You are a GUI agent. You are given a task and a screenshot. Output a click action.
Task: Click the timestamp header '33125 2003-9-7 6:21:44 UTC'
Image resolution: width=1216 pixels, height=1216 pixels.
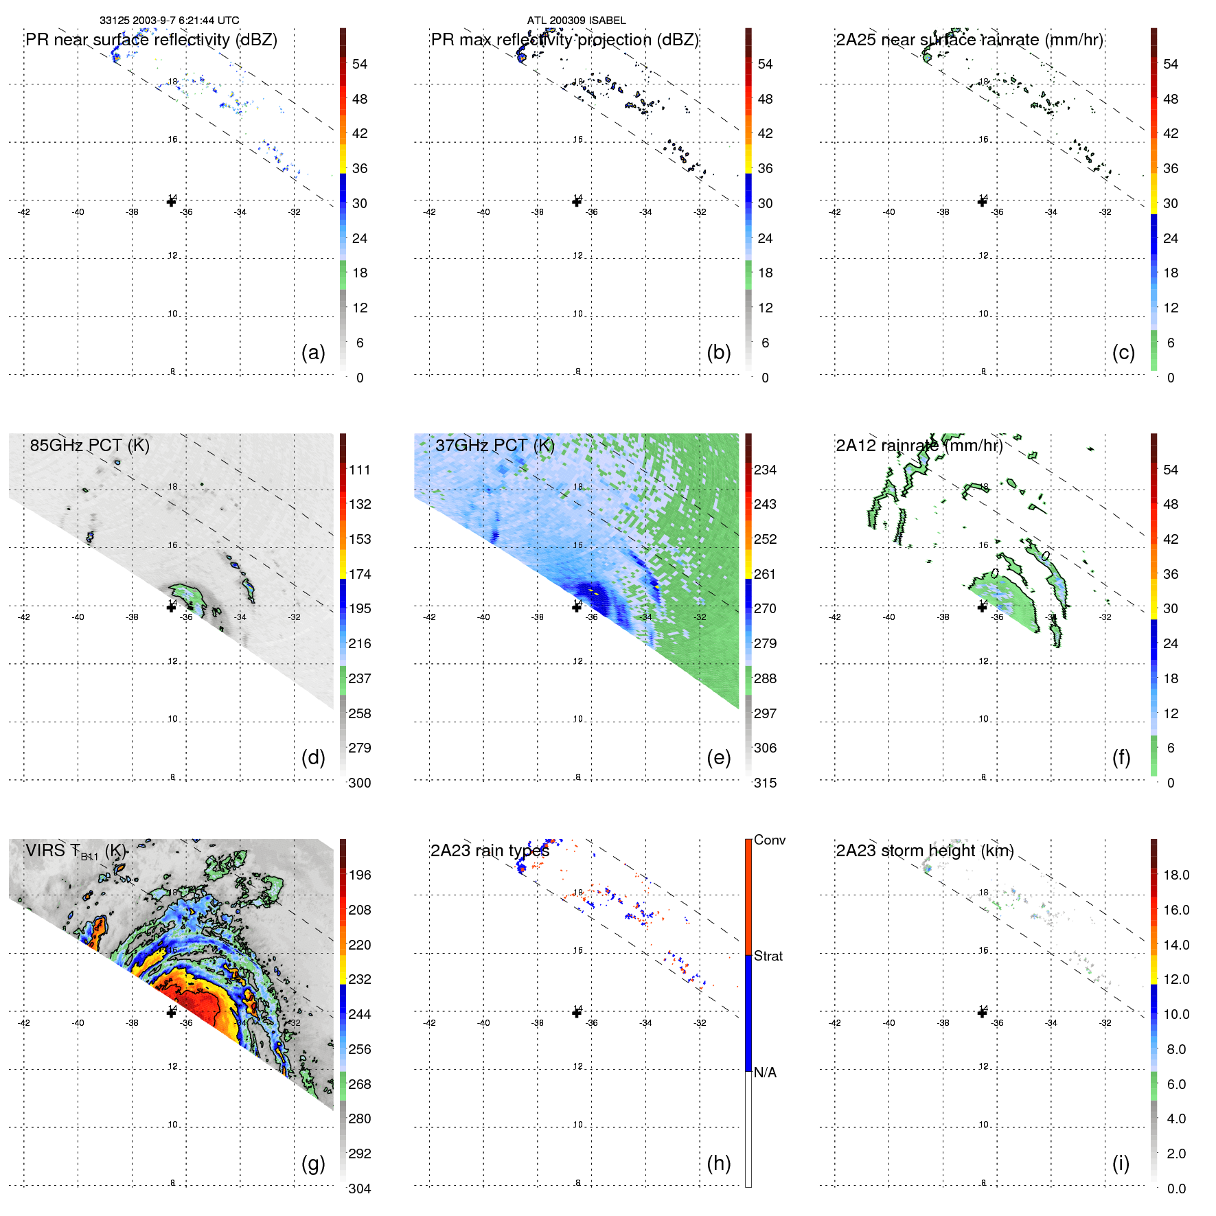pos(169,21)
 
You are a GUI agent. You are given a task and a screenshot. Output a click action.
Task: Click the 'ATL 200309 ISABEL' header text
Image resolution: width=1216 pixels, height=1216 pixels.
pos(576,21)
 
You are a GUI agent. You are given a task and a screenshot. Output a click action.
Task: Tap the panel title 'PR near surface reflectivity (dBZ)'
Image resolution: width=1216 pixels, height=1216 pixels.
pos(151,40)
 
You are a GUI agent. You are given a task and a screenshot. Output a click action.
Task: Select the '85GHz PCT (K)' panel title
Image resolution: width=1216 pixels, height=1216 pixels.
pos(89,445)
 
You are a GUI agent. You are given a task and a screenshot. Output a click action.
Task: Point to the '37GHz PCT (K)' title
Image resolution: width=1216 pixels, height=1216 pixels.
pos(494,445)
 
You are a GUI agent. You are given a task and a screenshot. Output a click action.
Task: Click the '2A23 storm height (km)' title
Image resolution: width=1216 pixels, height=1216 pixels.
pos(924,851)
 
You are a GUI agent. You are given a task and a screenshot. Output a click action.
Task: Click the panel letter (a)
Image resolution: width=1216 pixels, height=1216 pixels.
pos(313,353)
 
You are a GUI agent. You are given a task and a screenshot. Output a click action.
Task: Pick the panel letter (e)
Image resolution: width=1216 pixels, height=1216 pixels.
pos(718,758)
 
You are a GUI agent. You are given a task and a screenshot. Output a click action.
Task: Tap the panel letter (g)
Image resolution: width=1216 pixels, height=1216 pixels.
pos(313,1163)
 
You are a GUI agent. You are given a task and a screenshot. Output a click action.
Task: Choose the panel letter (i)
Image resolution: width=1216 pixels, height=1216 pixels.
pos(1121,1163)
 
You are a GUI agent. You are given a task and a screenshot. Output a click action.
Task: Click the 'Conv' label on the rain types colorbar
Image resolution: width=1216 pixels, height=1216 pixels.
pos(769,840)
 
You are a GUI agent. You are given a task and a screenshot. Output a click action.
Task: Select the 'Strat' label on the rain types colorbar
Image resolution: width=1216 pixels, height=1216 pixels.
pos(768,956)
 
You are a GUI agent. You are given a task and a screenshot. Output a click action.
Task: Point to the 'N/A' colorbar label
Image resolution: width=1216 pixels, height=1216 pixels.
pos(765,1072)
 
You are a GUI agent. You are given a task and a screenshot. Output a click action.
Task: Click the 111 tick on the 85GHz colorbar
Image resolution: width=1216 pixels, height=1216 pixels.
pos(360,470)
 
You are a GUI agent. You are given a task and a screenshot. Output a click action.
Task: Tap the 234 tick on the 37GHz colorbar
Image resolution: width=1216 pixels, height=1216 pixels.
pos(765,470)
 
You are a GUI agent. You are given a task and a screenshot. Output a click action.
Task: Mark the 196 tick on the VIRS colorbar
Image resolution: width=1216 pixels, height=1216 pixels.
pos(360,875)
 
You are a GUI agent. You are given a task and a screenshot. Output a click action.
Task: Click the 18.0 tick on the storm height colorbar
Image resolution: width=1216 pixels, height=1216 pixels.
pos(1175,875)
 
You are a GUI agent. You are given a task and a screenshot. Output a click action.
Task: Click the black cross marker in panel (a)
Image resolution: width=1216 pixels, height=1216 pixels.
pos(171,202)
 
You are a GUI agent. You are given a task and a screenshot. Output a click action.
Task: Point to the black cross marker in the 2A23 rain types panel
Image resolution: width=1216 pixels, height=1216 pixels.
pos(577,1013)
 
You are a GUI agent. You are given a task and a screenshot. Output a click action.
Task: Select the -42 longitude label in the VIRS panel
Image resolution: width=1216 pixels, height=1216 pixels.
pos(24,1023)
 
